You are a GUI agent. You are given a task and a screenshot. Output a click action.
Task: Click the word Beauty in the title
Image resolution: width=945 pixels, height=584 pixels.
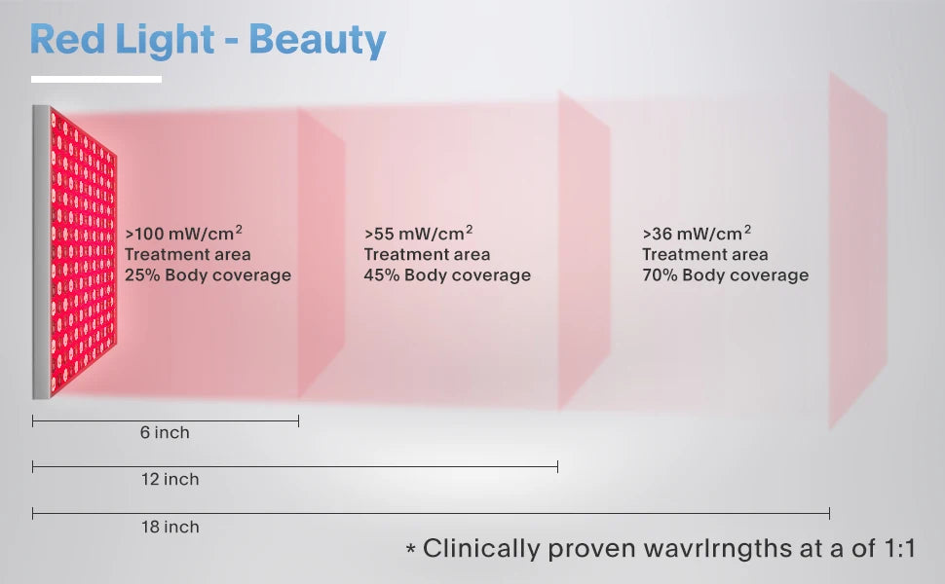tap(318, 39)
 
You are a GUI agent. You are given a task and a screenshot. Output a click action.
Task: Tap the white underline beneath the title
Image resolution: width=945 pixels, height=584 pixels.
tap(95, 79)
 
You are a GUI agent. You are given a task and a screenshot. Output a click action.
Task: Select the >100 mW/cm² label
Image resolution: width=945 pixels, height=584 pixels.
tap(183, 234)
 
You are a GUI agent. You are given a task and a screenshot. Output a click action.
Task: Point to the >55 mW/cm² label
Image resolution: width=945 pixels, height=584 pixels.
tap(419, 234)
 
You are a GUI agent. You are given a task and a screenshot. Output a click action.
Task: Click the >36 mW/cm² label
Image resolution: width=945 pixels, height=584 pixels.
tap(697, 234)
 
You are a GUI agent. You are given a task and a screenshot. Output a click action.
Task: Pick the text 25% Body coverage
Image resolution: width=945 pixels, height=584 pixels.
tap(208, 275)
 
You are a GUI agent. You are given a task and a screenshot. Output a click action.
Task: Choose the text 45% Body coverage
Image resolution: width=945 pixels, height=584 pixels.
tap(447, 275)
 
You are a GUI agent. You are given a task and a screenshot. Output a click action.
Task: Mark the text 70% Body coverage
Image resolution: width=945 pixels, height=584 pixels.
tap(725, 275)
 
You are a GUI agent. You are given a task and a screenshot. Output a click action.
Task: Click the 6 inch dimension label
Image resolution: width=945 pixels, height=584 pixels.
tap(165, 433)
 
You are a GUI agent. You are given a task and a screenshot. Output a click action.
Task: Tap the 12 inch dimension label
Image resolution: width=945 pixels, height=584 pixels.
tap(169, 480)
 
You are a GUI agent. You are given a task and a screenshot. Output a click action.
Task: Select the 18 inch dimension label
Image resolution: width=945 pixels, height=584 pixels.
tap(169, 528)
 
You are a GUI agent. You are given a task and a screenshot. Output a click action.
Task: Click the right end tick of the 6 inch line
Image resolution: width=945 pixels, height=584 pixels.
tap(298, 420)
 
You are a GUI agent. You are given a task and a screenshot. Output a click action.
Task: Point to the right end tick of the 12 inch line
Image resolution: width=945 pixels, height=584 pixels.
tap(557, 467)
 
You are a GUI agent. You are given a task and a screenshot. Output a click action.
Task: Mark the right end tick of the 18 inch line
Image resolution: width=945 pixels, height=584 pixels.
tap(829, 513)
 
